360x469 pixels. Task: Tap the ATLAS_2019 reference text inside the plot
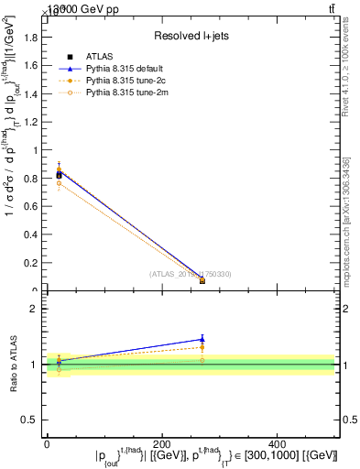pyautogui.click(x=191, y=274)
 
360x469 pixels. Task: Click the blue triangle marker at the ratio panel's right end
pyautogui.click(x=202, y=339)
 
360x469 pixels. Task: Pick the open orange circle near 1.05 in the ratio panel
pyautogui.click(x=202, y=360)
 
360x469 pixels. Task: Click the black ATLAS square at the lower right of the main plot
pyautogui.click(x=202, y=281)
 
